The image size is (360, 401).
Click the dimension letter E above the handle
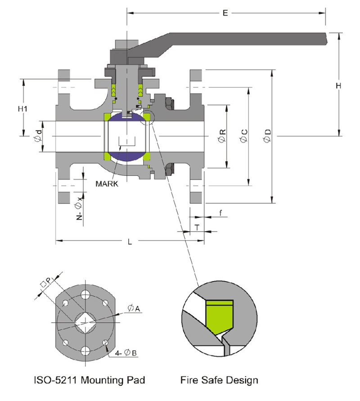[x=225, y=13]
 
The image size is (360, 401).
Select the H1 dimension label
[x=22, y=109]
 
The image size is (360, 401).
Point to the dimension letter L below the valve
[x=130, y=242]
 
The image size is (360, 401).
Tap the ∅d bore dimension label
[x=39, y=137]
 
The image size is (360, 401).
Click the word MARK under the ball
[x=107, y=183]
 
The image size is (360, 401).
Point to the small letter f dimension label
[x=220, y=212]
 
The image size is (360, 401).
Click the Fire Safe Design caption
[x=219, y=380]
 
